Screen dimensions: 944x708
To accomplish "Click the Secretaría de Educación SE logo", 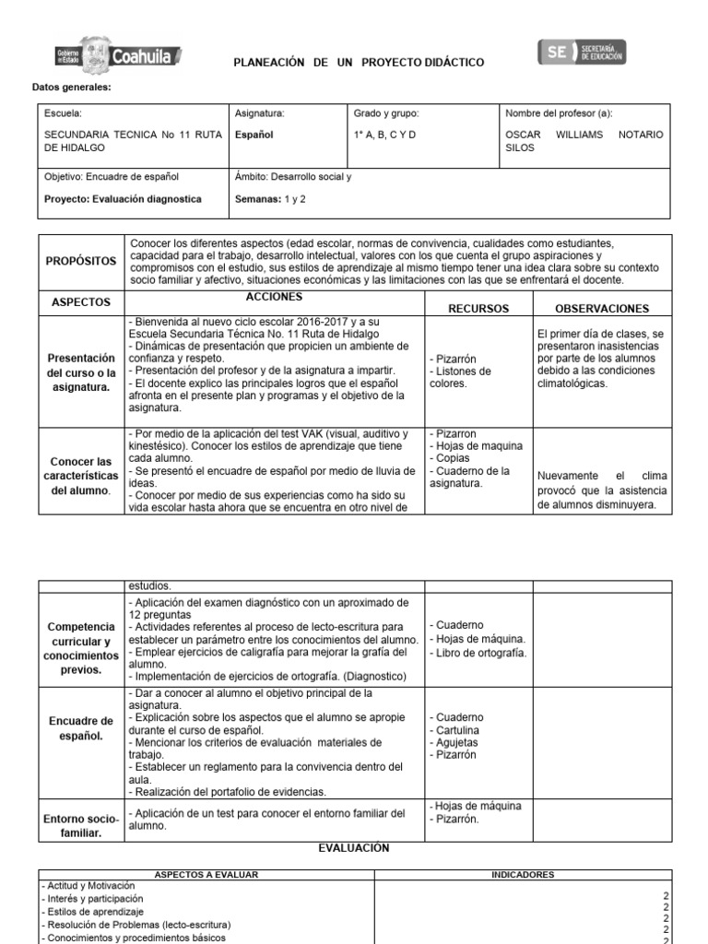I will click(x=581, y=53).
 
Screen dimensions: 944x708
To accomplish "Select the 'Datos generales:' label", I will click(x=73, y=88).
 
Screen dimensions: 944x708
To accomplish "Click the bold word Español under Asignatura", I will click(x=254, y=135).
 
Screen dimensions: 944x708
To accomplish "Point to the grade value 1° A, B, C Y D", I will click(x=384, y=135).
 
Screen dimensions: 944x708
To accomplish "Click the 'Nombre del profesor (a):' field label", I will click(x=559, y=113).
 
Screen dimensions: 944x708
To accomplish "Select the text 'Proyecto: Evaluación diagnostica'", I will click(x=122, y=198).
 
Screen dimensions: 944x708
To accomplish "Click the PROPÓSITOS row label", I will click(x=81, y=262).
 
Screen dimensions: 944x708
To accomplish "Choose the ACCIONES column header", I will click(x=274, y=298).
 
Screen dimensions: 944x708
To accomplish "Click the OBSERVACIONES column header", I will click(x=601, y=309).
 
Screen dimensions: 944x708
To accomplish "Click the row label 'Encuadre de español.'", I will click(x=83, y=727).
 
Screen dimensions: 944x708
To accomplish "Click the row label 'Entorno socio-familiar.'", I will click(x=83, y=826).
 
